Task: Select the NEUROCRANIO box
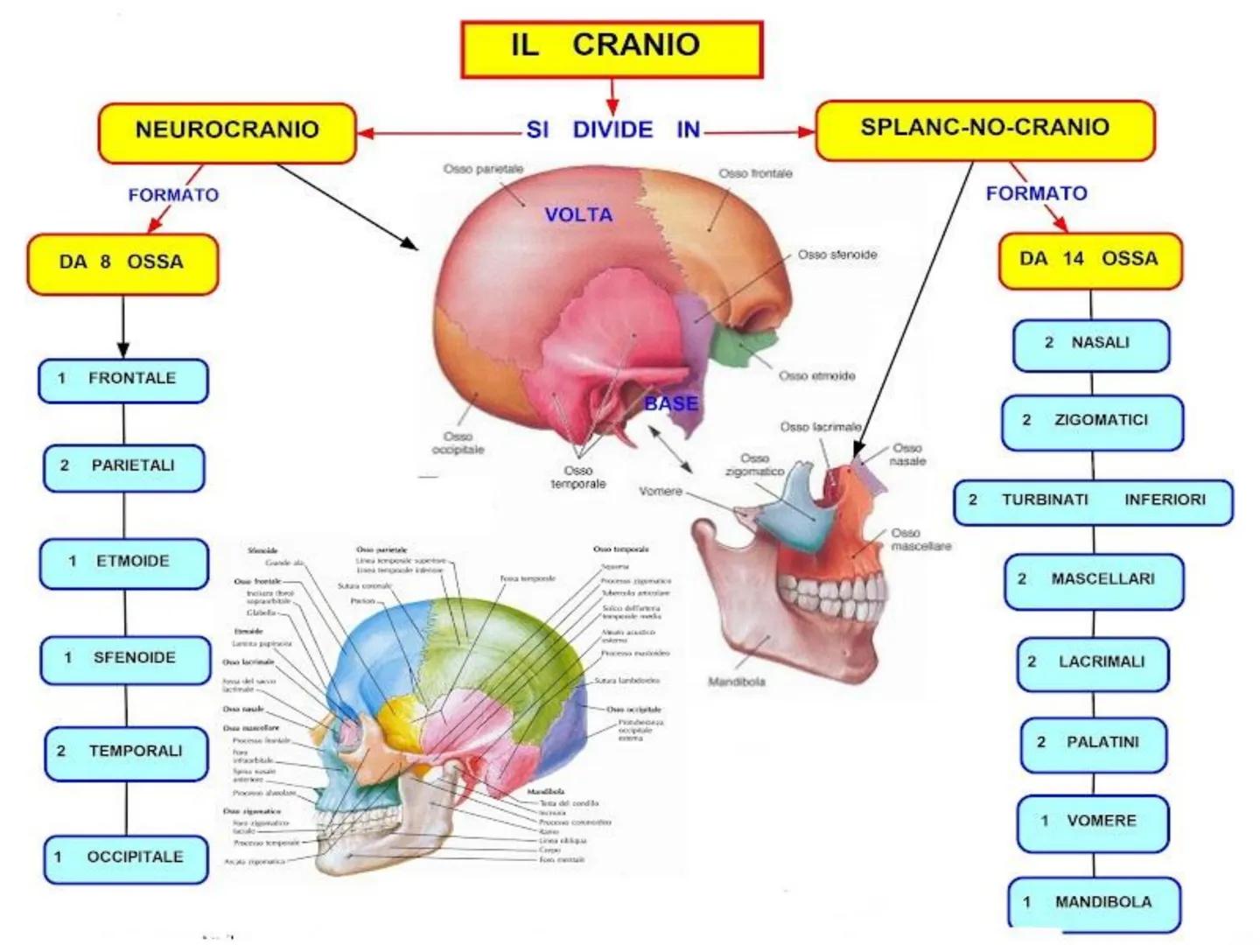coord(227,132)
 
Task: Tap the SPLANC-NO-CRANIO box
coord(984,129)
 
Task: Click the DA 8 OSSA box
coord(122,262)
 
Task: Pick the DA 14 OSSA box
coord(1089,260)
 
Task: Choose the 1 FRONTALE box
coord(122,380)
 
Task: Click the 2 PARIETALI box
coord(123,467)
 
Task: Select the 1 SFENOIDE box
coord(123,659)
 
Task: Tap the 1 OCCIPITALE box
coord(125,858)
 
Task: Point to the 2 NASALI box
coord(1091,344)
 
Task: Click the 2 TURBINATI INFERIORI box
coord(1093,501)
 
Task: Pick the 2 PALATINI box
coord(1093,744)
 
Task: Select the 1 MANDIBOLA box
coord(1093,903)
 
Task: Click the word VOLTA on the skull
coord(578,215)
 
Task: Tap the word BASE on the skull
coord(671,404)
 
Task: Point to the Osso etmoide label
coord(816,376)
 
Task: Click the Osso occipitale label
coord(458,443)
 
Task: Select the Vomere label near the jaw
coord(660,492)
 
